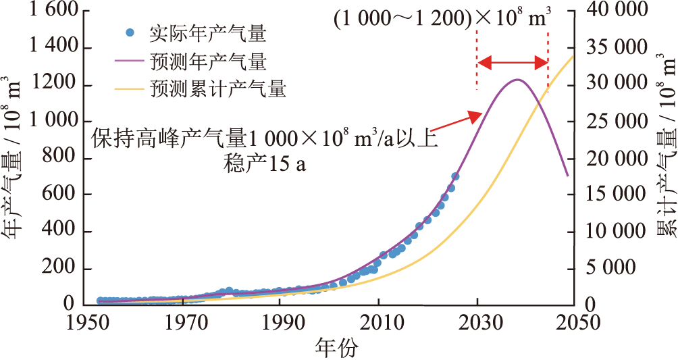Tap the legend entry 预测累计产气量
click(217, 89)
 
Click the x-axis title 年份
click(336, 348)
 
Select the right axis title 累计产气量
click(665, 155)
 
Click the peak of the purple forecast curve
click(517, 79)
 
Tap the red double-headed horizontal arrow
click(513, 63)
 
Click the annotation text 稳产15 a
click(264, 164)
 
